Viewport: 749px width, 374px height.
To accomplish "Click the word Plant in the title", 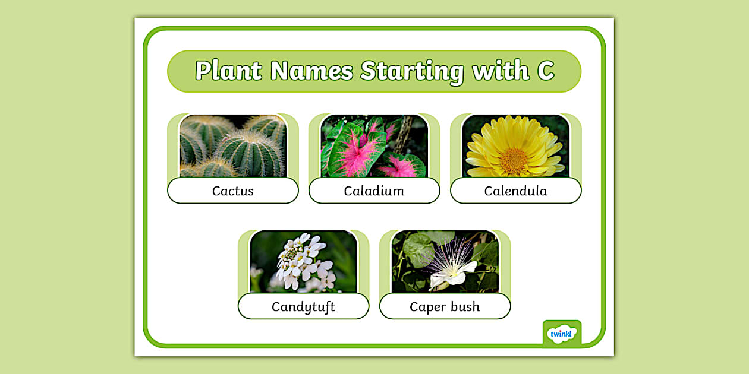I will (229, 71).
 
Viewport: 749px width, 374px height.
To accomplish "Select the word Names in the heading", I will (311, 71).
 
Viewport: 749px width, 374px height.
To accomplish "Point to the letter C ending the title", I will (545, 71).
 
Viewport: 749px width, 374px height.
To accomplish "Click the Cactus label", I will (233, 191).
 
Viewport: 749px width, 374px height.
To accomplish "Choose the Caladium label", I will (374, 191).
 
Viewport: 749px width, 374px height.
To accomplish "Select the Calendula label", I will (515, 191).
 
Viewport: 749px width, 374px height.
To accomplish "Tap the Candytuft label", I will (303, 307).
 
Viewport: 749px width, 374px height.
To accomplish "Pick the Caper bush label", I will (445, 307).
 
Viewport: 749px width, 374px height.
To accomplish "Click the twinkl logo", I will (562, 334).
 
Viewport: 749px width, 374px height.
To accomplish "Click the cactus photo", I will (233, 146).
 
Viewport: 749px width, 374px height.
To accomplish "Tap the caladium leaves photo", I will (374, 146).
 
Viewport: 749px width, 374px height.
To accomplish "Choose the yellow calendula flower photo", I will (515, 146).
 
